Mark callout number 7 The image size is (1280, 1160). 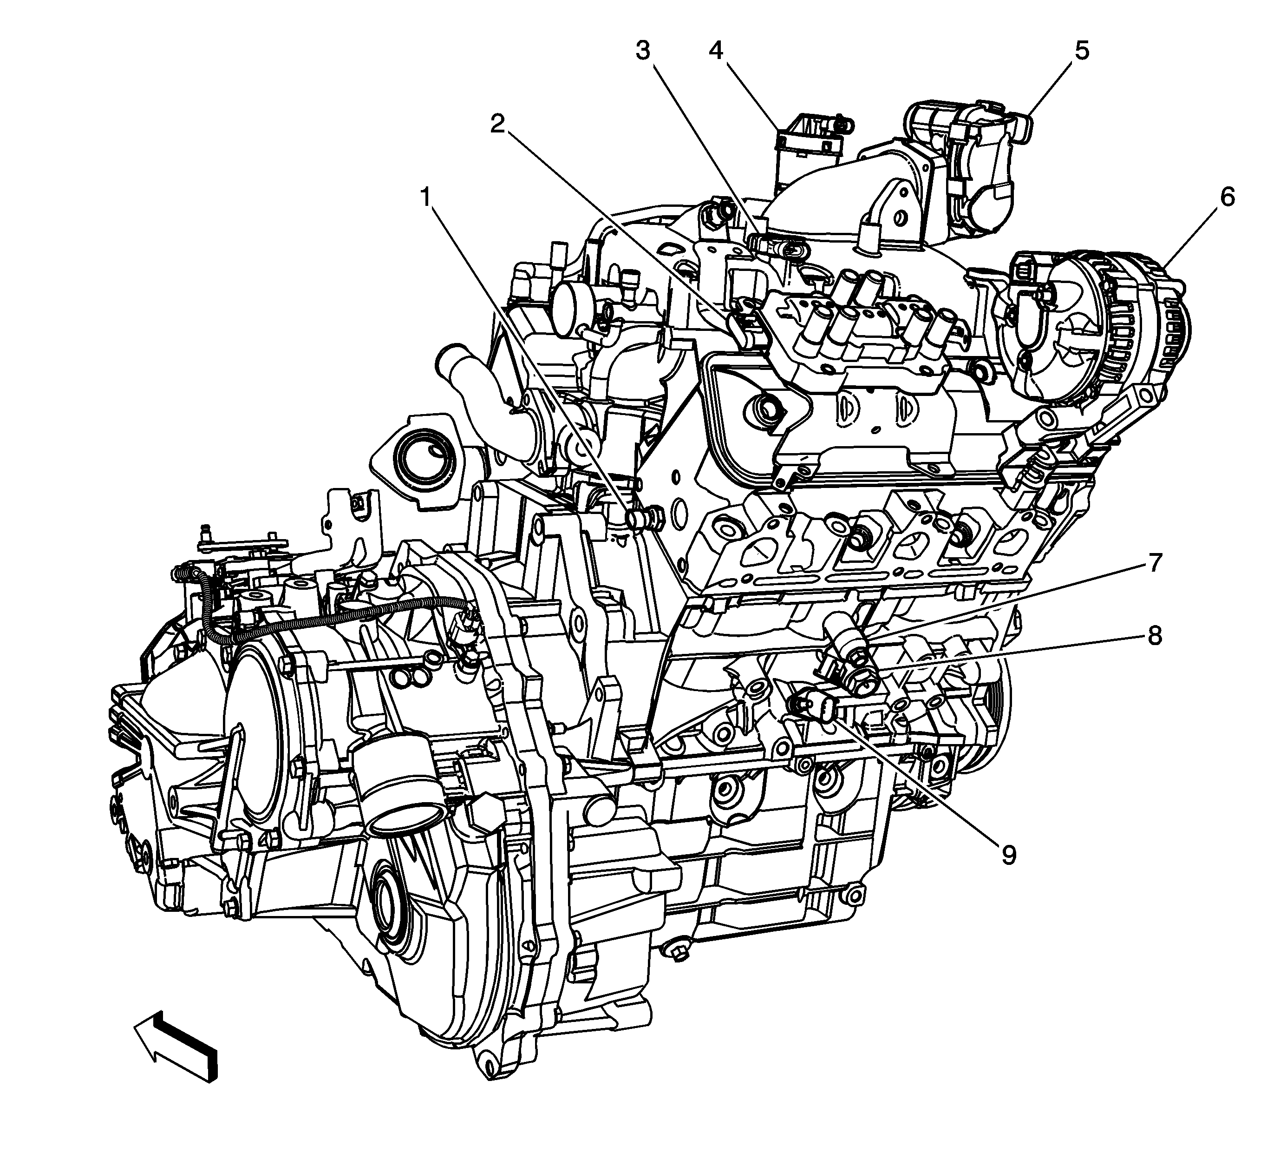click(x=1154, y=563)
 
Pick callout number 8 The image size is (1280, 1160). click(x=1154, y=635)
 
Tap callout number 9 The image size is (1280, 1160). click(x=1008, y=855)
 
